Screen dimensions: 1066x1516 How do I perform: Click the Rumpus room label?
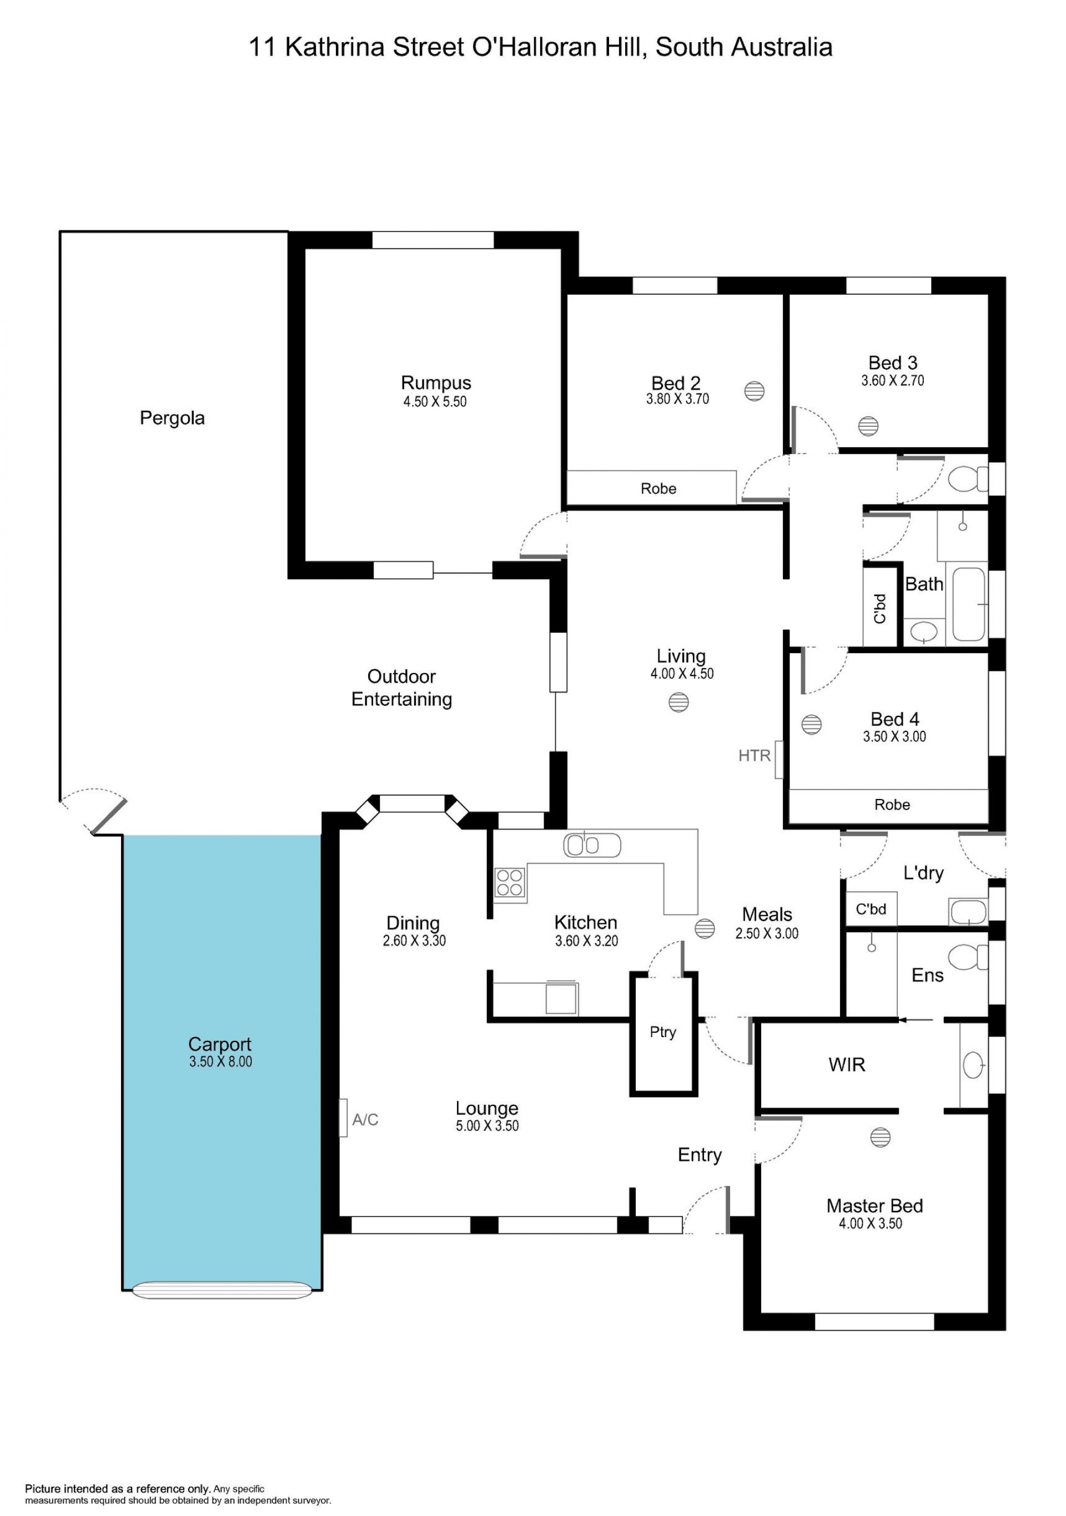click(x=436, y=383)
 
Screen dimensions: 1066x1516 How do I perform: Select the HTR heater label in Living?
click(x=755, y=755)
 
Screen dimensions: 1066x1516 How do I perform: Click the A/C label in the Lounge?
click(x=365, y=1119)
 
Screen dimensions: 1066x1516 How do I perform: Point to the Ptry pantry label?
click(x=662, y=1032)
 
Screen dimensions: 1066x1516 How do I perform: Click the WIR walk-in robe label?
click(x=847, y=1064)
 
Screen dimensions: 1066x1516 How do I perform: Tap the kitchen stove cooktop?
click(x=510, y=883)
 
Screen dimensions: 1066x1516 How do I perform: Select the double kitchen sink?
click(x=592, y=845)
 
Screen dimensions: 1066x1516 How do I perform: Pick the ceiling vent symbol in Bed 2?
click(x=755, y=392)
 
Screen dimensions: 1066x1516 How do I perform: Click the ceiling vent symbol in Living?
click(x=678, y=702)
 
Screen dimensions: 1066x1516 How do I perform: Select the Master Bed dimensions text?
click(x=871, y=1223)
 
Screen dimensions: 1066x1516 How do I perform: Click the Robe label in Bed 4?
click(x=892, y=804)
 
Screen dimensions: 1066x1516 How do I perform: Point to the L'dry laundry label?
click(x=923, y=873)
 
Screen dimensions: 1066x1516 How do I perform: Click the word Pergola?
click(x=172, y=418)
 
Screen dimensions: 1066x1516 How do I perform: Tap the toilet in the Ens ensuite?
click(x=968, y=957)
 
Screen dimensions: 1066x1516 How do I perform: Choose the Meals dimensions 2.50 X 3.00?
click(x=767, y=934)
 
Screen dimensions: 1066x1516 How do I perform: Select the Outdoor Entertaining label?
click(x=401, y=688)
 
